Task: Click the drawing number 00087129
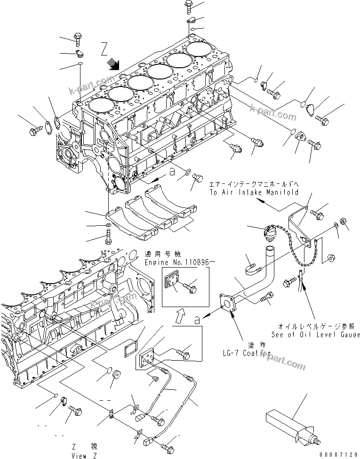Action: tap(338, 454)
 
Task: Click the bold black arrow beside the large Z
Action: tap(113, 63)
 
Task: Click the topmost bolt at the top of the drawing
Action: tap(188, 6)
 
